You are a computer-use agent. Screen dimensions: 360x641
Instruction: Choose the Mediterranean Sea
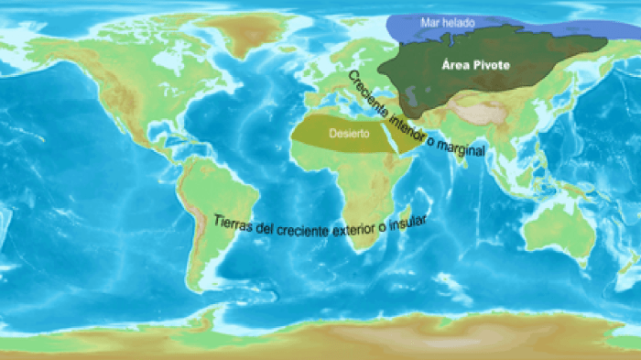click(341, 106)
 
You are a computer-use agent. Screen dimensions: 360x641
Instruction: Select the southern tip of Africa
click(353, 245)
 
